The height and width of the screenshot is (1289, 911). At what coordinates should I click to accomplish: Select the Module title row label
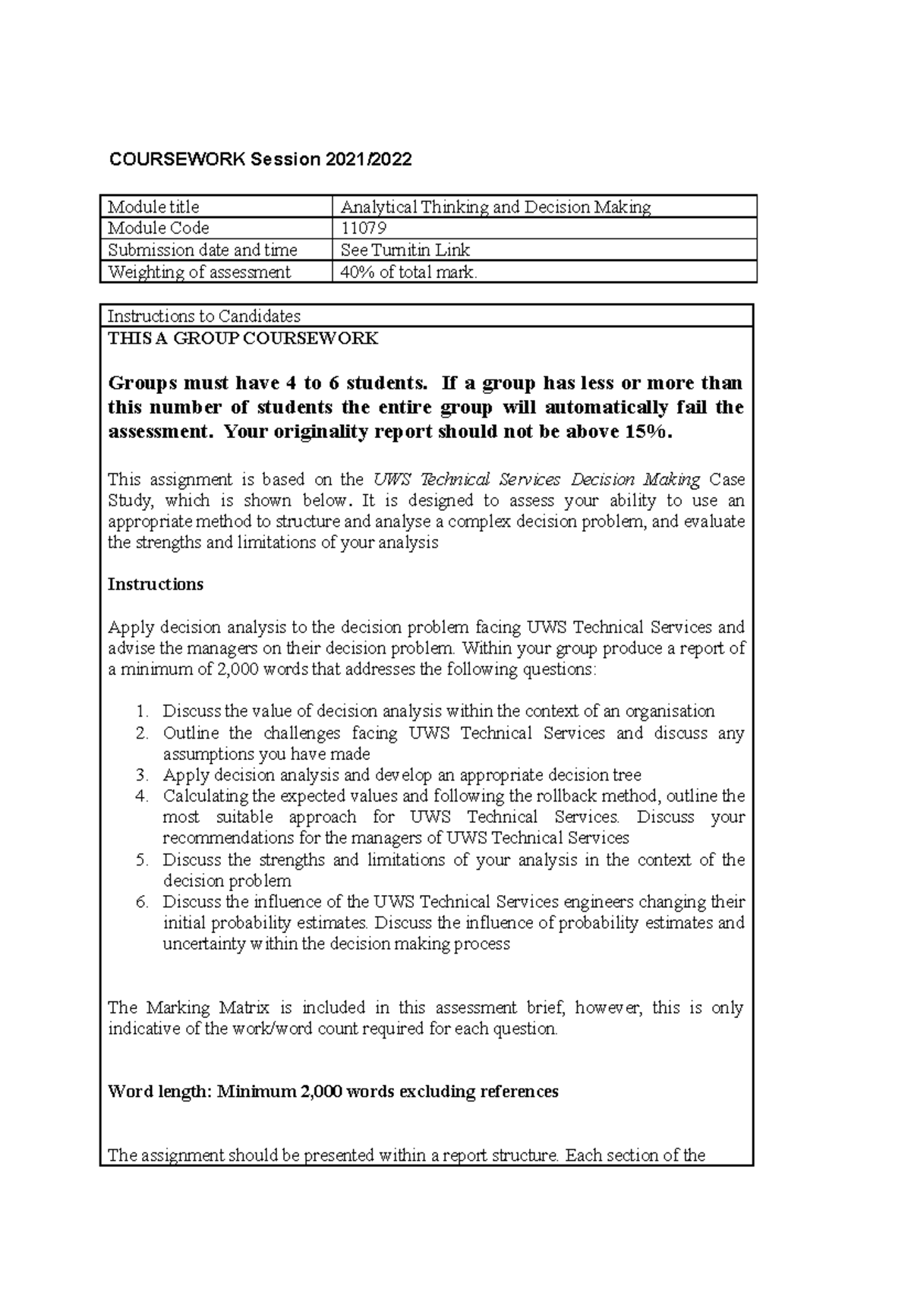[153, 206]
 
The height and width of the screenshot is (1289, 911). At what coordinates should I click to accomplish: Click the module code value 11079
[364, 228]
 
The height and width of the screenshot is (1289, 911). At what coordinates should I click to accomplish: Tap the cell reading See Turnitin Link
[405, 250]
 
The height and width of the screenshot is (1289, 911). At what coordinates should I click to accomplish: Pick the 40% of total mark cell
[409, 272]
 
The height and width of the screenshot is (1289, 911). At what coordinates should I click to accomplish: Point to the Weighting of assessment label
[199, 272]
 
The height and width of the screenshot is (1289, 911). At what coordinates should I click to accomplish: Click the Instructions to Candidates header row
[204, 316]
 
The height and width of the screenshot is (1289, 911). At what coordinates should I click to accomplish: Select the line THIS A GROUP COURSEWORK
[243, 339]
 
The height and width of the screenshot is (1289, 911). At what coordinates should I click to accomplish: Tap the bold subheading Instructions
[156, 585]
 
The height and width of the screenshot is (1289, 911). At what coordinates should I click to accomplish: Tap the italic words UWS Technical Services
[467, 480]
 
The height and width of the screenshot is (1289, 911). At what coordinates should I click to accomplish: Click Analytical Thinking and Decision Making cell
[496, 206]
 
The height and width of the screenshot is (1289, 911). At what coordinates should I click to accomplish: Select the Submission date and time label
[203, 250]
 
